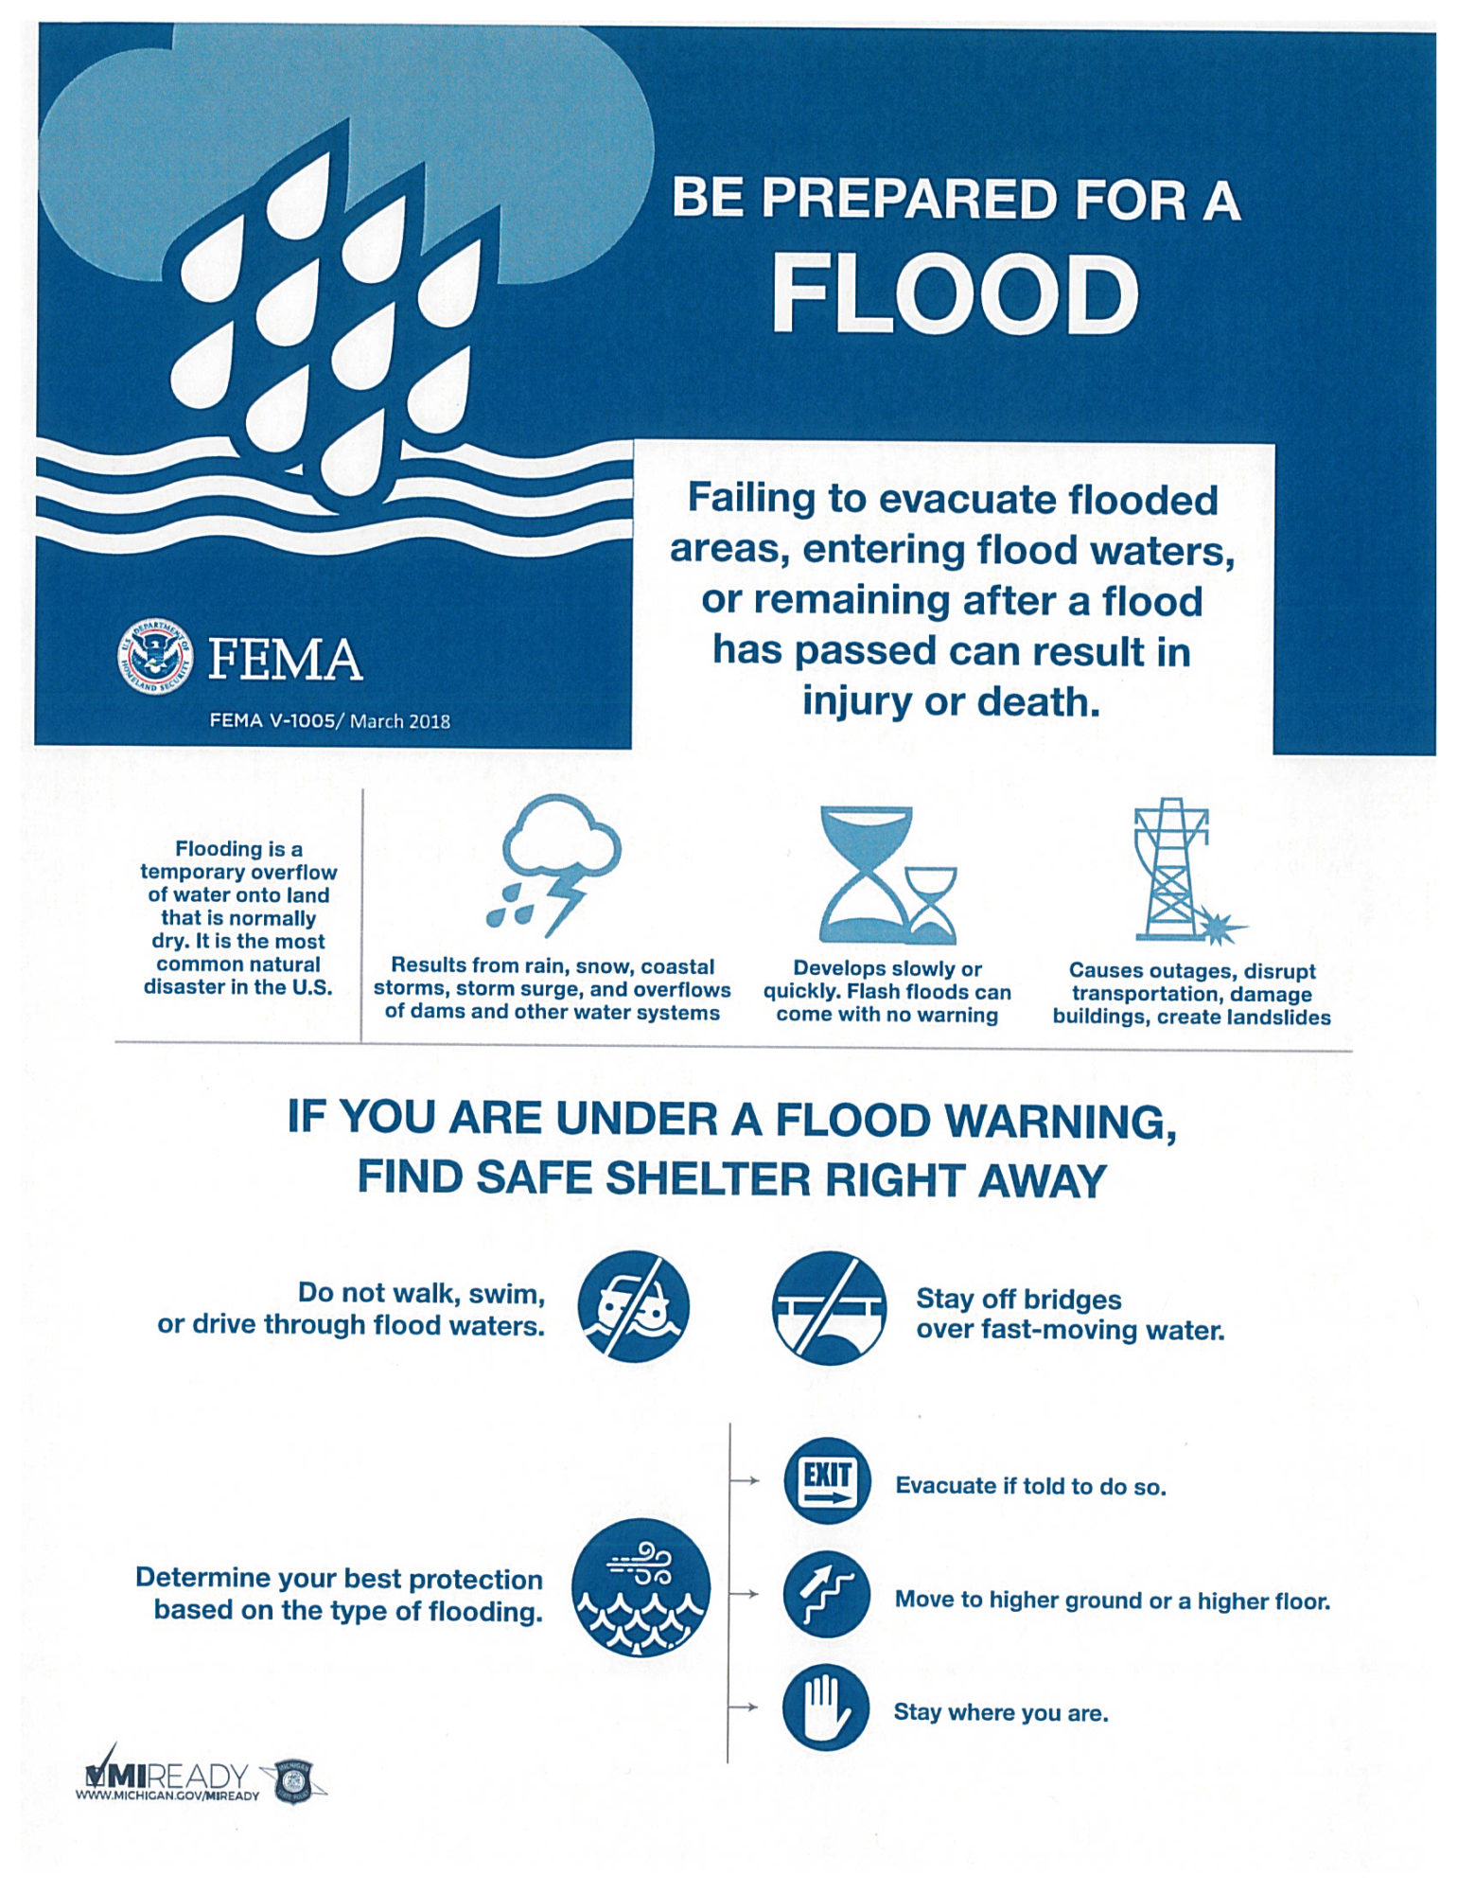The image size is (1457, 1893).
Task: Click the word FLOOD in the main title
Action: click(956, 295)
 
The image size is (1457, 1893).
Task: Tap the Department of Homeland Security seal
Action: click(154, 656)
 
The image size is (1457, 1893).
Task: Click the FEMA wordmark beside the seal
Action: click(285, 660)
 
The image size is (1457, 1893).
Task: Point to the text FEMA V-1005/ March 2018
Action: click(329, 721)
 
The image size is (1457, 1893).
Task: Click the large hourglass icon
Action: click(866, 873)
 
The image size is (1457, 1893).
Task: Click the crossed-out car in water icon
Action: click(633, 1306)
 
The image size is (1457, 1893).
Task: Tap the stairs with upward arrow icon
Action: click(826, 1594)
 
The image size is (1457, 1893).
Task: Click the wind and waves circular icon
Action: click(641, 1587)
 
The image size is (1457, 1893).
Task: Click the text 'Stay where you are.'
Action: click(1001, 1712)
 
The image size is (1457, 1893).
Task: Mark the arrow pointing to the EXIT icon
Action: click(747, 1480)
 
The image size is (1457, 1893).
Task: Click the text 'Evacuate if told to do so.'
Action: click(1030, 1486)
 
